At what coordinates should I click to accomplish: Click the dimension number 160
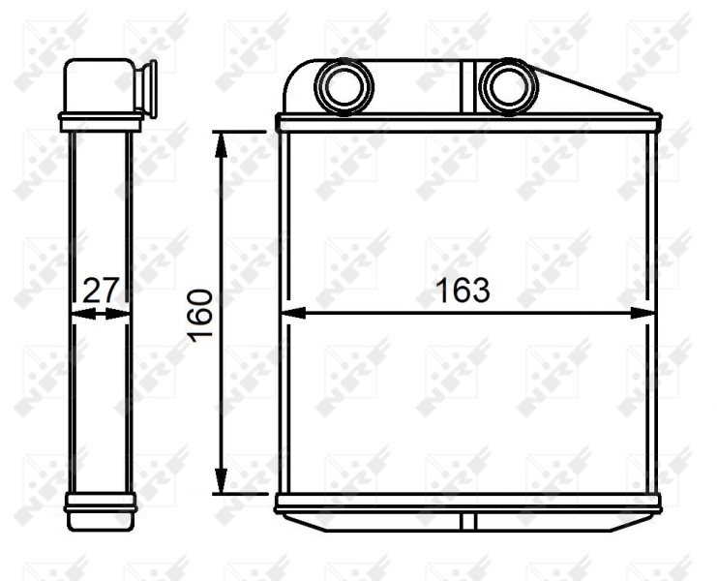pyautogui.click(x=200, y=314)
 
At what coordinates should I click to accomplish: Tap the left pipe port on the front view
pyautogui.click(x=342, y=85)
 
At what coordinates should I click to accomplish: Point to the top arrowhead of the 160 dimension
pyautogui.click(x=222, y=142)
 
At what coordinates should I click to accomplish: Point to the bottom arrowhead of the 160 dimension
pyautogui.click(x=222, y=483)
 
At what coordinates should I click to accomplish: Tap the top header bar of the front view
pyautogui.click(x=468, y=123)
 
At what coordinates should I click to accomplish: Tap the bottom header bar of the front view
pyautogui.click(x=468, y=504)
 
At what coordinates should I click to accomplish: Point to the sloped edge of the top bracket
pyautogui.click(x=595, y=92)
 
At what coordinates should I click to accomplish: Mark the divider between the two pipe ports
pyautogui.click(x=468, y=86)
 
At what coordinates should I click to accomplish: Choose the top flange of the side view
pyautogui.click(x=101, y=122)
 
